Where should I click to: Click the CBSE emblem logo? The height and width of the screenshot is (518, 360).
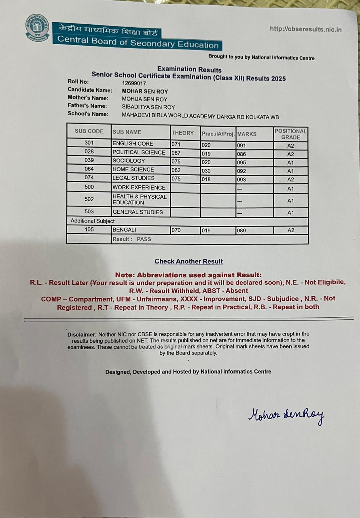37,28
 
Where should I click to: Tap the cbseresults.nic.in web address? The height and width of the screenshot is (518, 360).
306,29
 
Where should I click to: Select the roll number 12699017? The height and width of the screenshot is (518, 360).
134,83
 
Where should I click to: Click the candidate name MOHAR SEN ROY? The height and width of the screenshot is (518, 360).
145,91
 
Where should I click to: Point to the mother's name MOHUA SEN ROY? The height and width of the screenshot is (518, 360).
144,99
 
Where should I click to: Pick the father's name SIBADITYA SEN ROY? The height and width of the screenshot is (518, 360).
148,107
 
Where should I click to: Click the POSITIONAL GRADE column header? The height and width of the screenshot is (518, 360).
290,134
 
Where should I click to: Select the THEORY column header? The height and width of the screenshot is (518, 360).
183,133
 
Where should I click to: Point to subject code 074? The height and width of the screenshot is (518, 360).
89,178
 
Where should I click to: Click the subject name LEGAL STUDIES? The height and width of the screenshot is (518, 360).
133,178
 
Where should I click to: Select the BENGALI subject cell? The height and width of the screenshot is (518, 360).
124,230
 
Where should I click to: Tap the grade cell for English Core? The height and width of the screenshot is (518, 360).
290,146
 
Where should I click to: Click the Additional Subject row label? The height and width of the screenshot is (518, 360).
93,221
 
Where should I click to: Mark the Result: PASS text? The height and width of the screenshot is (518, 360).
132,239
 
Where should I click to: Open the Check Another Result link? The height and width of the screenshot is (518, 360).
188,261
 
